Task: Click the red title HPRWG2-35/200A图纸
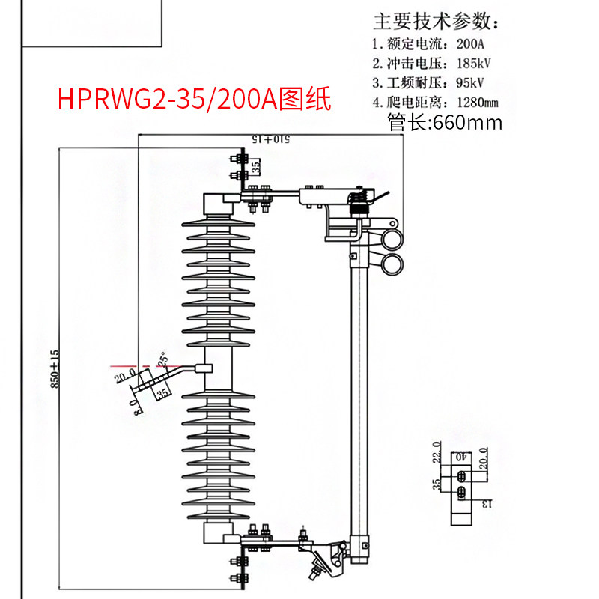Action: point(194,98)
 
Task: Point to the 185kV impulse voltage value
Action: point(472,62)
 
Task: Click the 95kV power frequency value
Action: point(469,82)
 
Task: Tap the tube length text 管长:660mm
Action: point(445,122)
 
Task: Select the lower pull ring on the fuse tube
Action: point(392,263)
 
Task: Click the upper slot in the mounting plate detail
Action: point(462,476)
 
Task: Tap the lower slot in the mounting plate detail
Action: point(462,492)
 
